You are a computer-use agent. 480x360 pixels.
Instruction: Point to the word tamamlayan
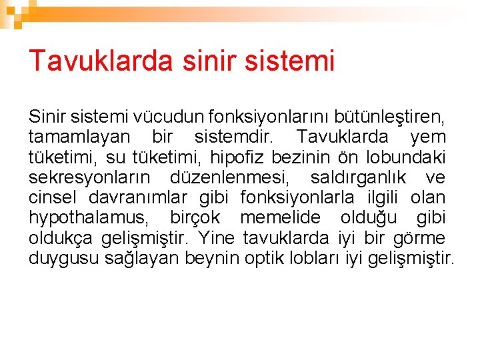click(79, 137)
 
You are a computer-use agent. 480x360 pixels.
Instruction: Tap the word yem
click(428, 137)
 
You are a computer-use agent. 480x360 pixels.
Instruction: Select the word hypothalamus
click(89, 218)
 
